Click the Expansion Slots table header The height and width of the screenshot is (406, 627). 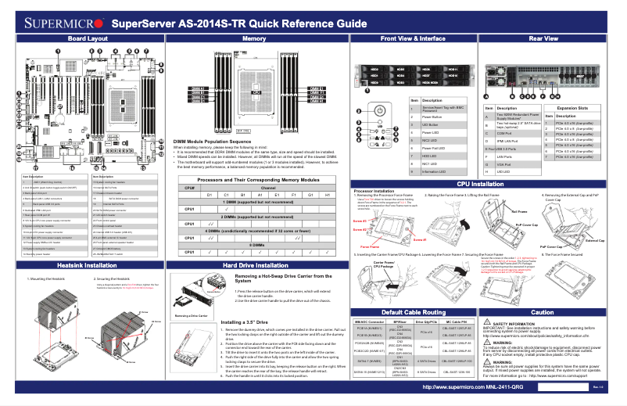571,108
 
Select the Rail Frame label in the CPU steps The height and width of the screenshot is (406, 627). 519,212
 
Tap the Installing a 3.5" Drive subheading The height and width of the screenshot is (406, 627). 249,322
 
